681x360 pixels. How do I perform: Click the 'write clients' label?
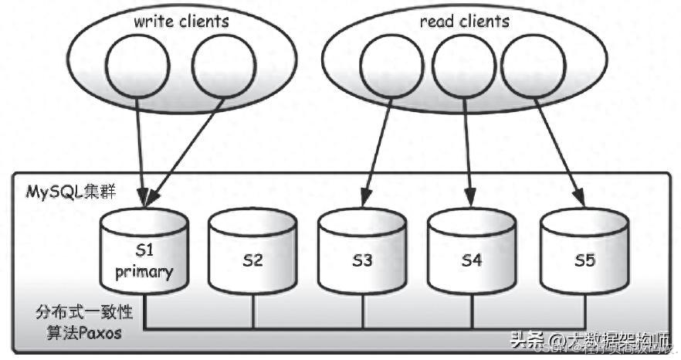[181, 21]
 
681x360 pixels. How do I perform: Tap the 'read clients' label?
[464, 21]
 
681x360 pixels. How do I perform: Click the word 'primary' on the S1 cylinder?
[145, 272]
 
